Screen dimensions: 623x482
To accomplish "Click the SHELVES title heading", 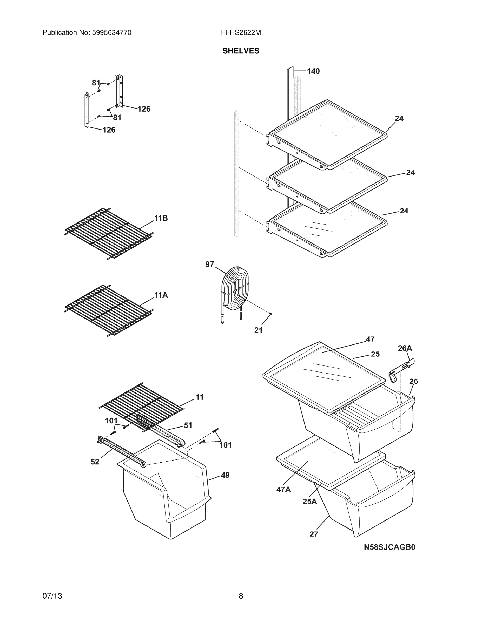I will point(241,51).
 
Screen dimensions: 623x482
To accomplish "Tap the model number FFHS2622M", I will point(241,32).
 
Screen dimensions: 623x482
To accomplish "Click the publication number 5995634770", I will point(111,32).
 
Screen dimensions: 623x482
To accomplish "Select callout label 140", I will point(313,71).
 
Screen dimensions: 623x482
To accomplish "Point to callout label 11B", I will point(161,218).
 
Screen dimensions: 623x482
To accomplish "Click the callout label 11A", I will point(161,295).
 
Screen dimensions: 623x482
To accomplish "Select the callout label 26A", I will point(405,348).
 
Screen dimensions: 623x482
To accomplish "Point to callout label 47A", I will point(283,490).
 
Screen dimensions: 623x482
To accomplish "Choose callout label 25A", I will point(310,501).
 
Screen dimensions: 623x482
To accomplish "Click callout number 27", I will point(314,534).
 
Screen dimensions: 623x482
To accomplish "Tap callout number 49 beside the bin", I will point(225,475).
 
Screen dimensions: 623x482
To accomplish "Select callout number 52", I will point(95,462).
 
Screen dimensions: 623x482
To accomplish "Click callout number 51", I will point(188,426).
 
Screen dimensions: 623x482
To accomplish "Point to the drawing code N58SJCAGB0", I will point(389,547).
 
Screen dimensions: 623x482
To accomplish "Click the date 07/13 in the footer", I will point(52,596).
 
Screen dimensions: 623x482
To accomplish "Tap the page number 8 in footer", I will point(241,596).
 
